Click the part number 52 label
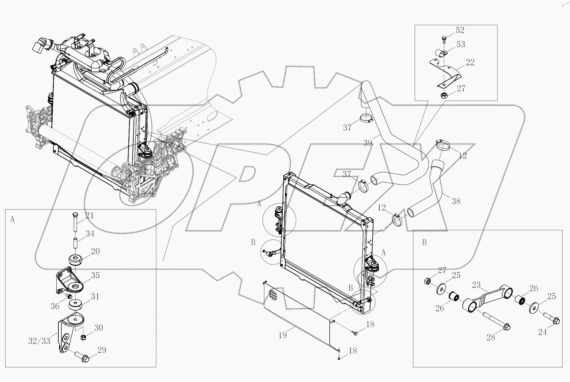460,30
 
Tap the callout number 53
460,44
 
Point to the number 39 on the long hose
368,143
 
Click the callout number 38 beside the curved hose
456,201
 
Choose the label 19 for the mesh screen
282,335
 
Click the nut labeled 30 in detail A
83,338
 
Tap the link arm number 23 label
476,285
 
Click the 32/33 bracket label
39,341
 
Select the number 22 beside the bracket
470,62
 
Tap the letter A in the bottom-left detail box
12,220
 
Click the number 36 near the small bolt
55,306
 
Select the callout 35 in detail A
95,276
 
